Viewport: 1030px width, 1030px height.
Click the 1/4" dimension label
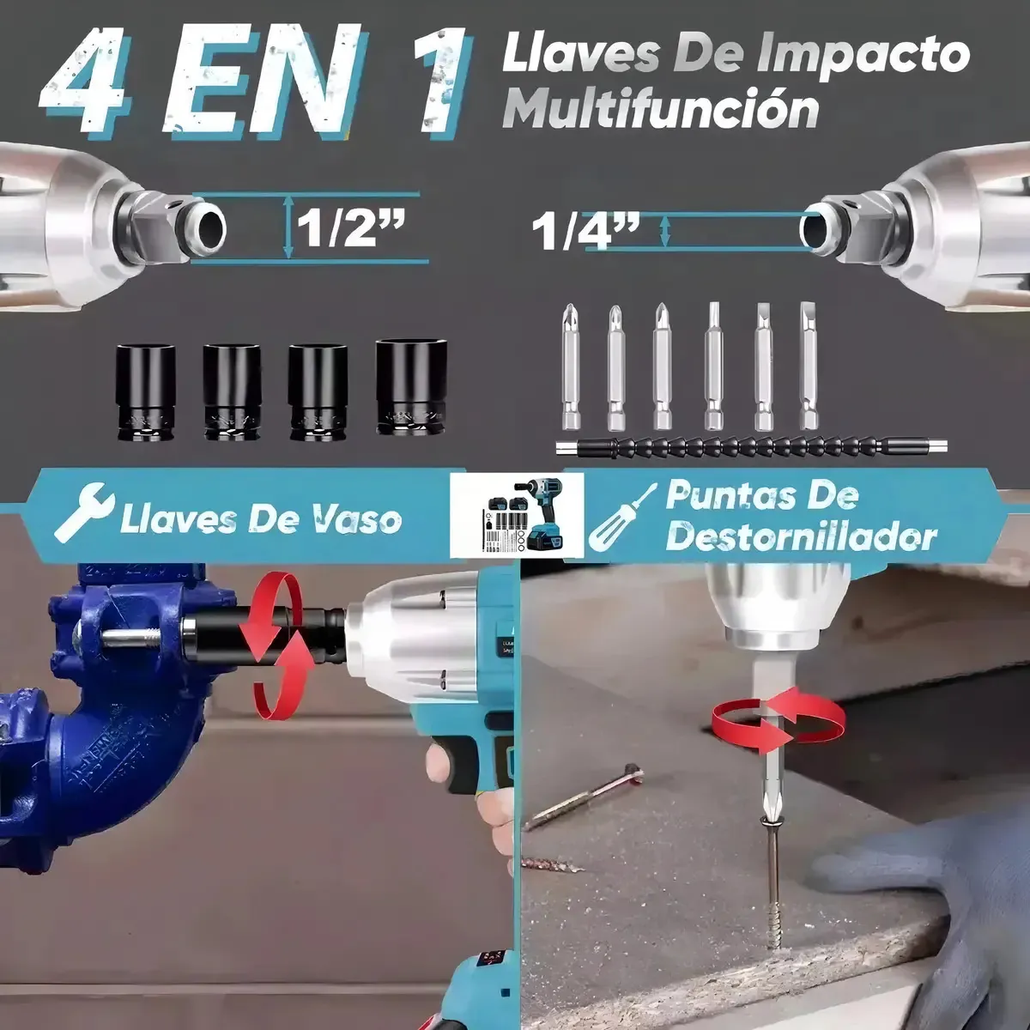[585, 232]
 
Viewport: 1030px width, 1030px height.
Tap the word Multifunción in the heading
[661, 110]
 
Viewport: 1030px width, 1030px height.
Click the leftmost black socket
[145, 392]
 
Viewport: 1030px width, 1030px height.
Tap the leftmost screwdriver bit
[571, 367]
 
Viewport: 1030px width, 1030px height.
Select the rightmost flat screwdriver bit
[809, 366]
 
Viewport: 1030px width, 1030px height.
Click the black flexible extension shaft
[751, 447]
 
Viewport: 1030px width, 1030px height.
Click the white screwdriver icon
[622, 518]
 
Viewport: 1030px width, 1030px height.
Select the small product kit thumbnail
[517, 513]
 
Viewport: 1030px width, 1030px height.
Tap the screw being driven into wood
[772, 887]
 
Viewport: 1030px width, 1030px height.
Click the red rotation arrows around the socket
[276, 643]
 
